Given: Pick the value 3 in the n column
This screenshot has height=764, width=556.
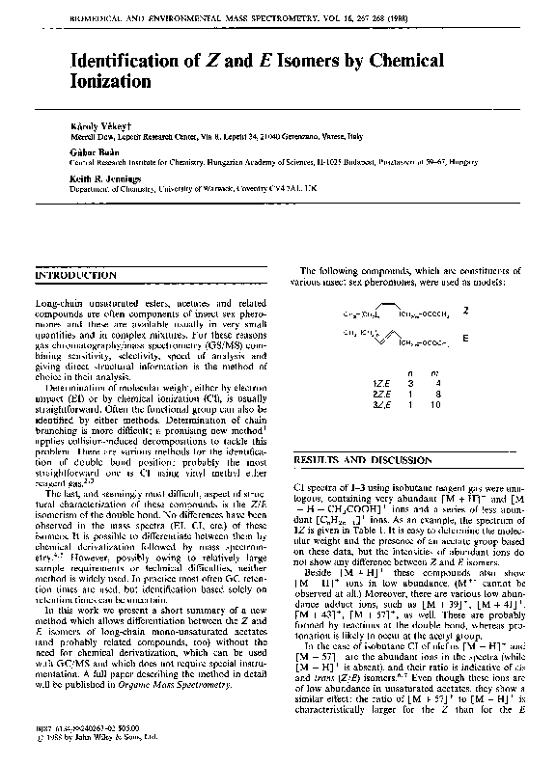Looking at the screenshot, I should (410, 383).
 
